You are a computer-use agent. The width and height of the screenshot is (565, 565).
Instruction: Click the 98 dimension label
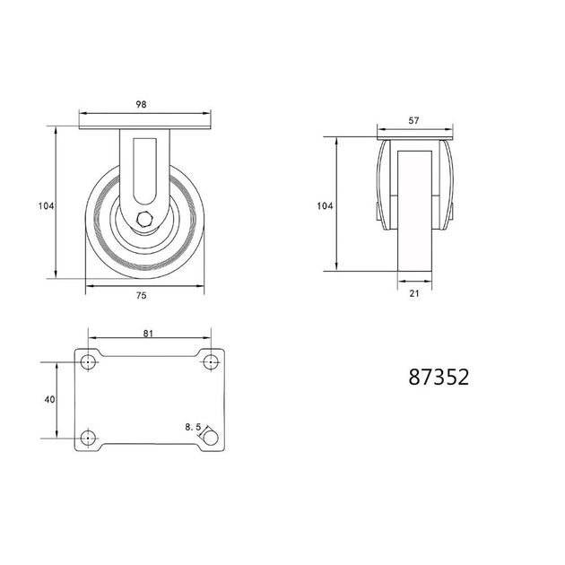point(142,105)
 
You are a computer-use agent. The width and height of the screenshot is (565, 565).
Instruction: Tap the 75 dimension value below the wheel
point(142,295)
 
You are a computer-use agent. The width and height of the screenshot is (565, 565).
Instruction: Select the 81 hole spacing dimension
point(148,334)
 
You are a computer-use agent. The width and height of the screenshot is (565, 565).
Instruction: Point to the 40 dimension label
point(49,399)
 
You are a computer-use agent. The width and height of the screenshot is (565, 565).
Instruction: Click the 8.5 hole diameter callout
point(193,428)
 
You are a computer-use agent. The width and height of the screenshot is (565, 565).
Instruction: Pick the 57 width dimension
point(413,121)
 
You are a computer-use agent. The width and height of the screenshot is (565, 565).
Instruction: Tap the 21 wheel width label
point(414,293)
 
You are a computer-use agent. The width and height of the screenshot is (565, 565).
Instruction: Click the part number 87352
point(439,377)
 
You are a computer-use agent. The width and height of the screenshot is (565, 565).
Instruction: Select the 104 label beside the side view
point(46,206)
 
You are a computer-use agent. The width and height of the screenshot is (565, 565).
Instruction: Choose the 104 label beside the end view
point(325,206)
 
